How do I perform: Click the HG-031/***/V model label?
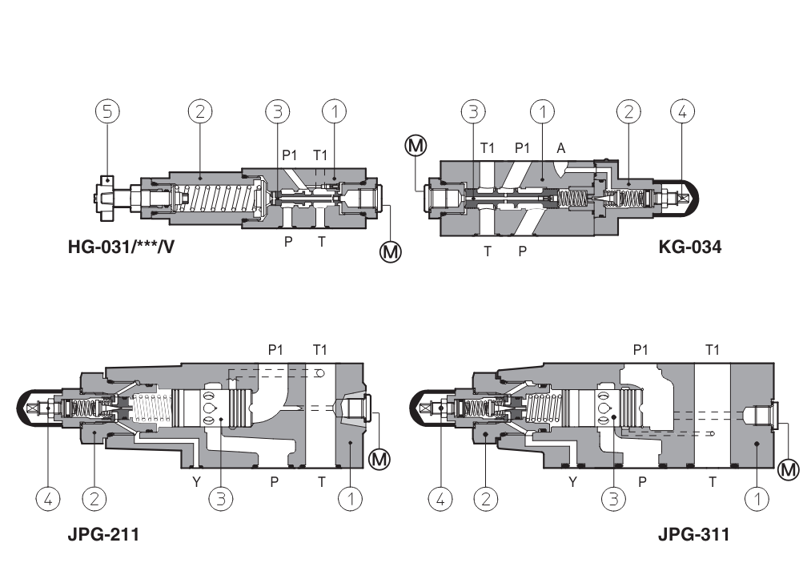click(121, 247)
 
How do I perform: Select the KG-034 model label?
click(689, 247)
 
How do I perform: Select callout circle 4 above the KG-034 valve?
click(682, 112)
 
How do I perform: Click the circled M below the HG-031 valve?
click(391, 251)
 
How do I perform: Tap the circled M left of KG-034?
click(416, 145)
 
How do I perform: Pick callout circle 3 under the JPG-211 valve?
click(220, 499)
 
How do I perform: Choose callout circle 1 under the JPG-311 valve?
click(757, 499)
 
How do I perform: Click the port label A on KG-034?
click(560, 148)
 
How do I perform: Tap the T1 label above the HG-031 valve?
click(320, 155)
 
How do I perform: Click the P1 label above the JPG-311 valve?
click(640, 350)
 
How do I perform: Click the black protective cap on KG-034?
click(689, 196)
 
